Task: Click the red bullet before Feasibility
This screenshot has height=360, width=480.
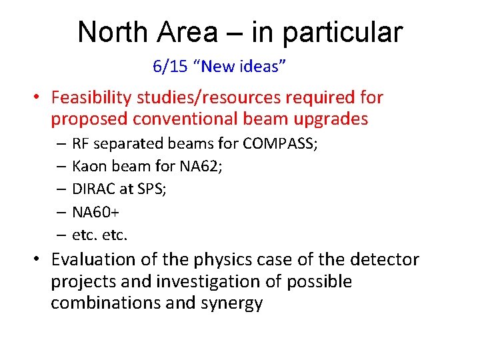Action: click(39, 98)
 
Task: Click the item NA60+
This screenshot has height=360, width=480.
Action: click(93, 212)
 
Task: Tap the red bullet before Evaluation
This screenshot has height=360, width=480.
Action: click(39, 259)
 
